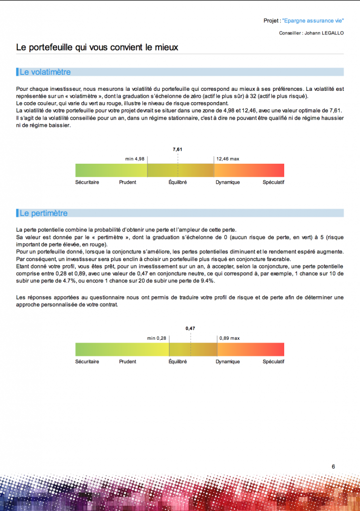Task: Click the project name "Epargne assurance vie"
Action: [x=313, y=21]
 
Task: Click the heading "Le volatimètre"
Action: [x=45, y=72]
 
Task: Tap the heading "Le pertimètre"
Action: [x=43, y=213]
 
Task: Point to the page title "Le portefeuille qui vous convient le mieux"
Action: [x=97, y=47]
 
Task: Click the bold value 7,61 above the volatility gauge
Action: [x=178, y=149]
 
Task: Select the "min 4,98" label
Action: [x=135, y=159]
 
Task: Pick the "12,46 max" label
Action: [x=228, y=159]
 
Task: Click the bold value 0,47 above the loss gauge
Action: [x=190, y=328]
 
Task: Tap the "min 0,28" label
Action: [x=157, y=338]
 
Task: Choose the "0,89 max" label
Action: [x=229, y=338]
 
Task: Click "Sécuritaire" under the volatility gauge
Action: [x=87, y=182]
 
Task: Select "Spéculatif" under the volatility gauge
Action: [x=273, y=182]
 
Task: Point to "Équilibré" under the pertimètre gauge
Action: [x=178, y=361]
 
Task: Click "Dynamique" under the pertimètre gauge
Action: [x=228, y=361]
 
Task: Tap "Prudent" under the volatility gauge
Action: [x=128, y=182]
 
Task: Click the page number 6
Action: [x=333, y=467]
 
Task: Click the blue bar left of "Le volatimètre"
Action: [x=17, y=72]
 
